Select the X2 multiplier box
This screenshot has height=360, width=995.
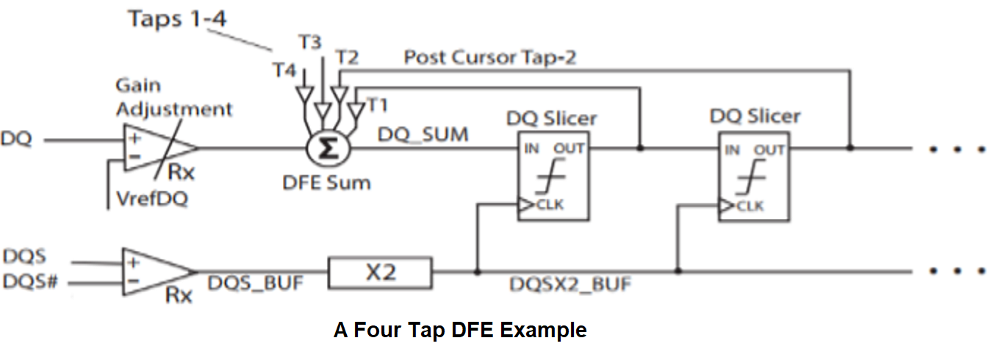[x=380, y=273]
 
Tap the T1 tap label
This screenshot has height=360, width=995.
[x=377, y=105]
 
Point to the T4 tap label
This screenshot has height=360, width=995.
[x=286, y=71]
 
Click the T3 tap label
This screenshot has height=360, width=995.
[x=310, y=43]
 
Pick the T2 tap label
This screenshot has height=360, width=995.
[x=346, y=57]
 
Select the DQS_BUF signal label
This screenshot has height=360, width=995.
[x=255, y=283]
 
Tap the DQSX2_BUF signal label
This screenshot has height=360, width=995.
[x=570, y=284]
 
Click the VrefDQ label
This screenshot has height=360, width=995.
[x=151, y=198]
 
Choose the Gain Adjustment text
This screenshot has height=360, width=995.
[x=173, y=98]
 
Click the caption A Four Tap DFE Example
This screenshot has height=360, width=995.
[x=460, y=331]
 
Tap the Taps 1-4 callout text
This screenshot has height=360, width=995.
[x=178, y=19]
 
